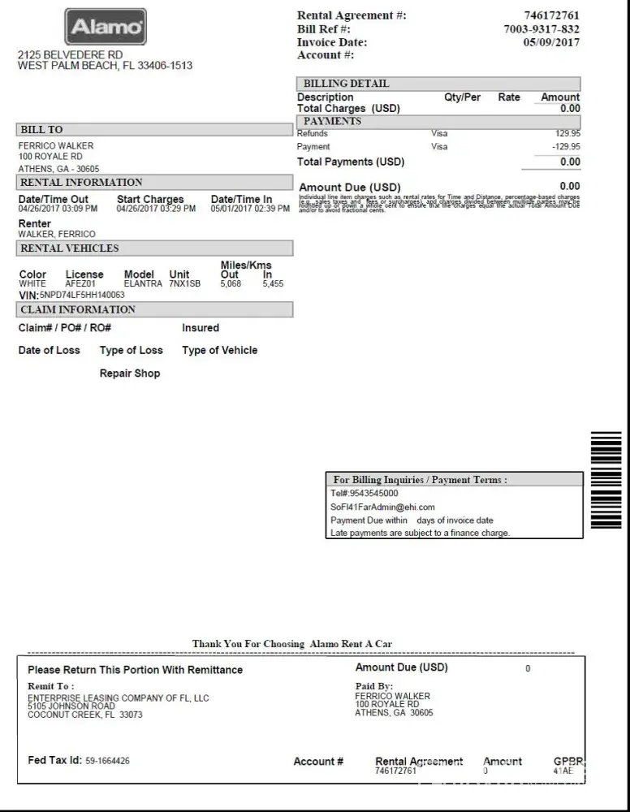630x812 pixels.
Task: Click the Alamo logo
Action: tap(106, 28)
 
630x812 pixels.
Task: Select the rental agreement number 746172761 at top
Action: tap(552, 15)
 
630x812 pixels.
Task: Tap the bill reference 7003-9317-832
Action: tap(542, 29)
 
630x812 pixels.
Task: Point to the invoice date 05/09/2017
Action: tap(552, 42)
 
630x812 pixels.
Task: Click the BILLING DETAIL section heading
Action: tap(346, 84)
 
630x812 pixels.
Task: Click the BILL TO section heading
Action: tap(41, 130)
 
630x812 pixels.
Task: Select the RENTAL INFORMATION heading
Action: tap(81, 183)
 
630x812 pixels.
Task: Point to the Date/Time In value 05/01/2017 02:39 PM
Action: tap(250, 209)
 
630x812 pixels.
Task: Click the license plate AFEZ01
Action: tap(80, 284)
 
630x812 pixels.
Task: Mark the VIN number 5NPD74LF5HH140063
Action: tap(82, 295)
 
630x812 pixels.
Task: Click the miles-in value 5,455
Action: tap(273, 284)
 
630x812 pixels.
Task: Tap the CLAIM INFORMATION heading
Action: tap(78, 309)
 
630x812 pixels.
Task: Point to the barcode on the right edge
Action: tap(606, 479)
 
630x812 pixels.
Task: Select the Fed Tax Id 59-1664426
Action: tap(107, 761)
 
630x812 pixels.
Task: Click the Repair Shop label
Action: tap(130, 374)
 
